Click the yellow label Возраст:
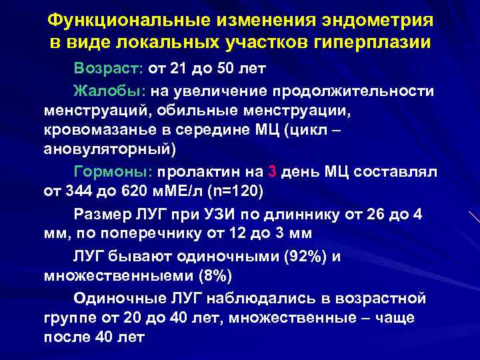pyautogui.click(x=109, y=69)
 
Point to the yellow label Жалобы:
pyautogui.click(x=109, y=91)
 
